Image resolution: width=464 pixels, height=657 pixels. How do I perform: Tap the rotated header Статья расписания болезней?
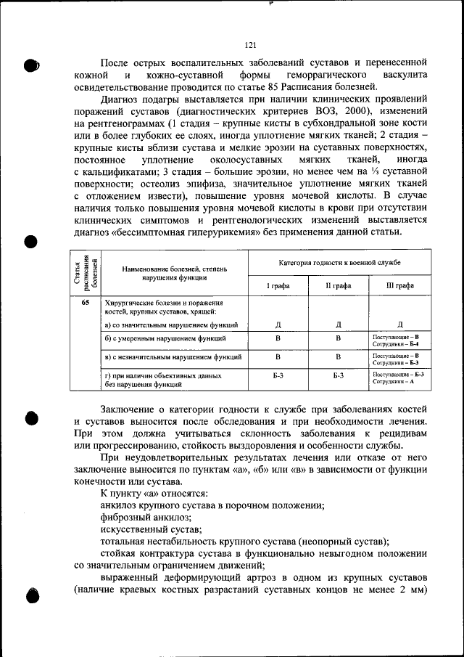(x=85, y=272)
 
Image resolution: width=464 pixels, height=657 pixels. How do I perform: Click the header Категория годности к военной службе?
(x=339, y=262)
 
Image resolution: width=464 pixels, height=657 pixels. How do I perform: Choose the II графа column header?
(x=339, y=286)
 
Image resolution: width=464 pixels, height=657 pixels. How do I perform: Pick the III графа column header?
(x=400, y=286)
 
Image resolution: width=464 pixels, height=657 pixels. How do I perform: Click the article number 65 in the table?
(x=86, y=302)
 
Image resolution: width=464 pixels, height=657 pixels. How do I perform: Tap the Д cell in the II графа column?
(x=339, y=325)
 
